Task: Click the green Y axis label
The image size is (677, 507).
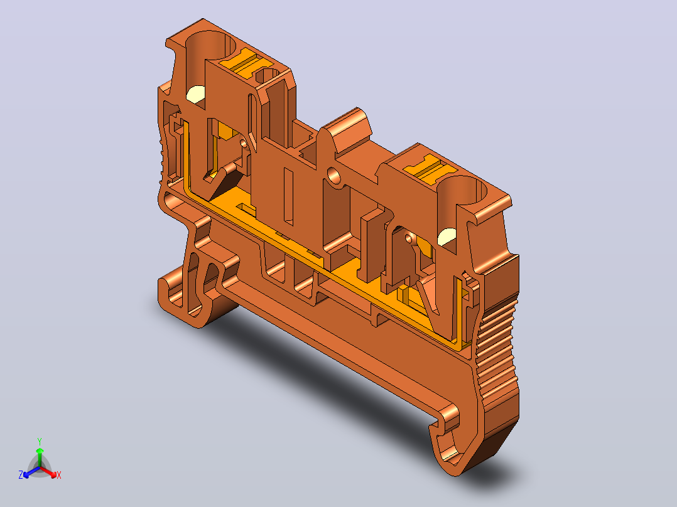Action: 40,441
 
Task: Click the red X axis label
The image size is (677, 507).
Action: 59,475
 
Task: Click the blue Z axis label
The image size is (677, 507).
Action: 21,474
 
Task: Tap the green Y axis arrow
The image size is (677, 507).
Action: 40,457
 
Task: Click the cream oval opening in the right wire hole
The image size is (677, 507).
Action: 447,236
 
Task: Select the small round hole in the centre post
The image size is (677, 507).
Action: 333,175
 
